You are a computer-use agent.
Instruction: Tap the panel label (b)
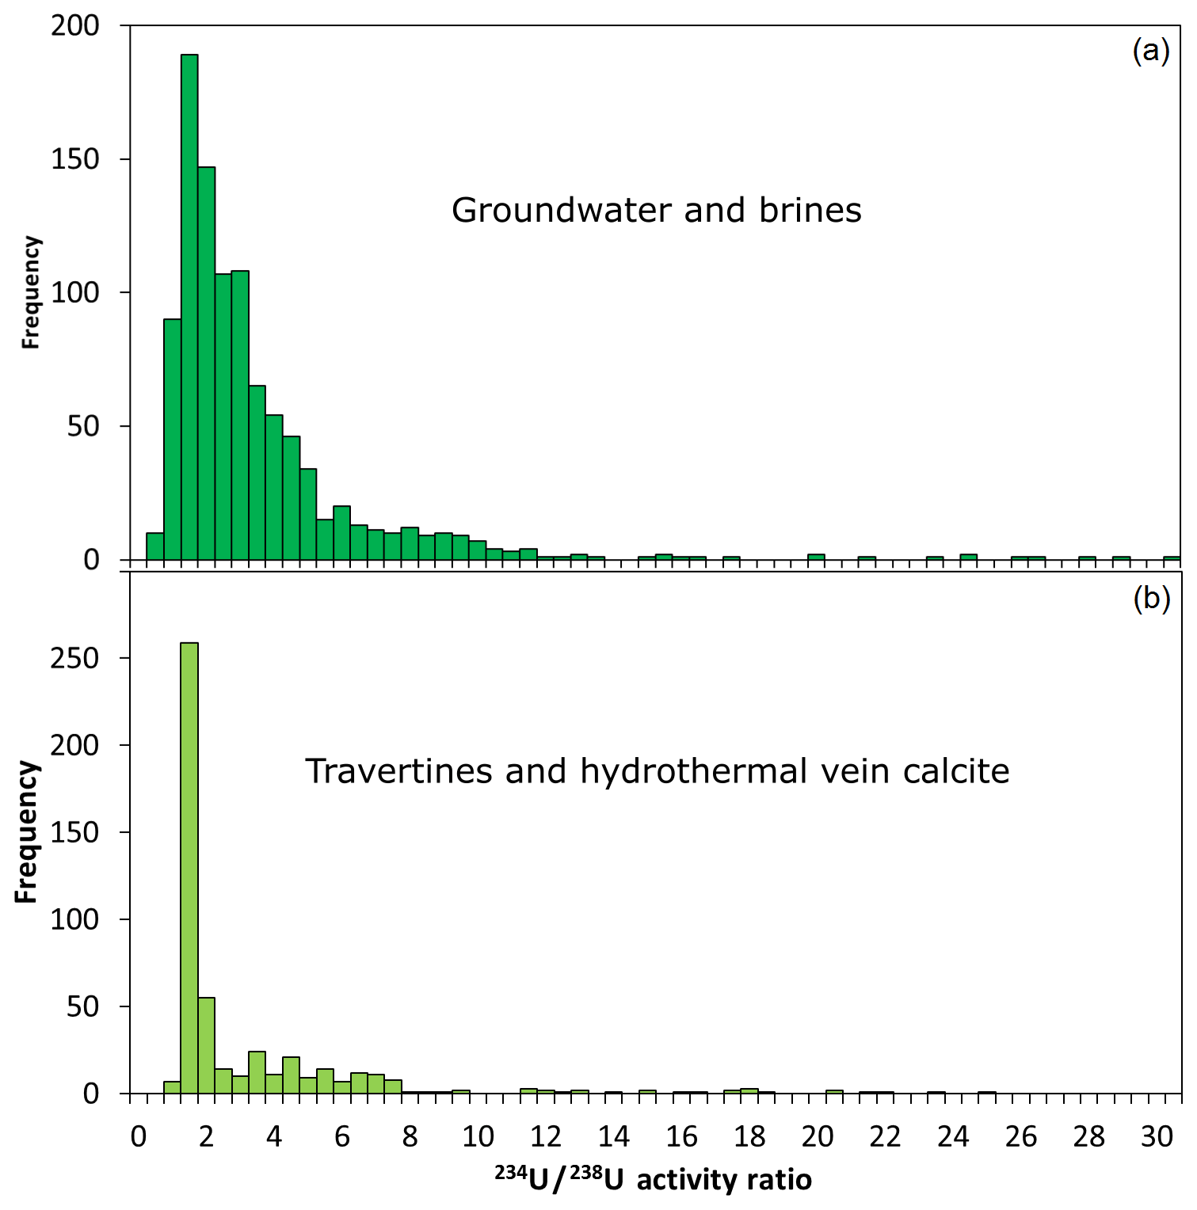click(x=1151, y=599)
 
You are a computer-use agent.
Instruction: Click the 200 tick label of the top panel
click(x=75, y=26)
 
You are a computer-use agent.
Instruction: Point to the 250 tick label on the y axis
click(x=75, y=658)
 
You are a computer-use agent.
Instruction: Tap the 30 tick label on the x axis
click(x=1157, y=1137)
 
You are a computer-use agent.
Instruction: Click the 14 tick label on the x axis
click(x=613, y=1137)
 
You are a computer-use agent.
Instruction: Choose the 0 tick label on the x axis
click(x=139, y=1137)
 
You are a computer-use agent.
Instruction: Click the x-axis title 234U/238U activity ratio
click(x=654, y=1180)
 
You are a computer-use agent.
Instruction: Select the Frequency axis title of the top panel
click(x=30, y=292)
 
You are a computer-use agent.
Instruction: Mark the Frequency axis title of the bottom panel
click(x=27, y=831)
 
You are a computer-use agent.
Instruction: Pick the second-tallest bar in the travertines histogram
click(x=206, y=1045)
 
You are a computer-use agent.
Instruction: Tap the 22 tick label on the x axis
click(x=885, y=1137)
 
